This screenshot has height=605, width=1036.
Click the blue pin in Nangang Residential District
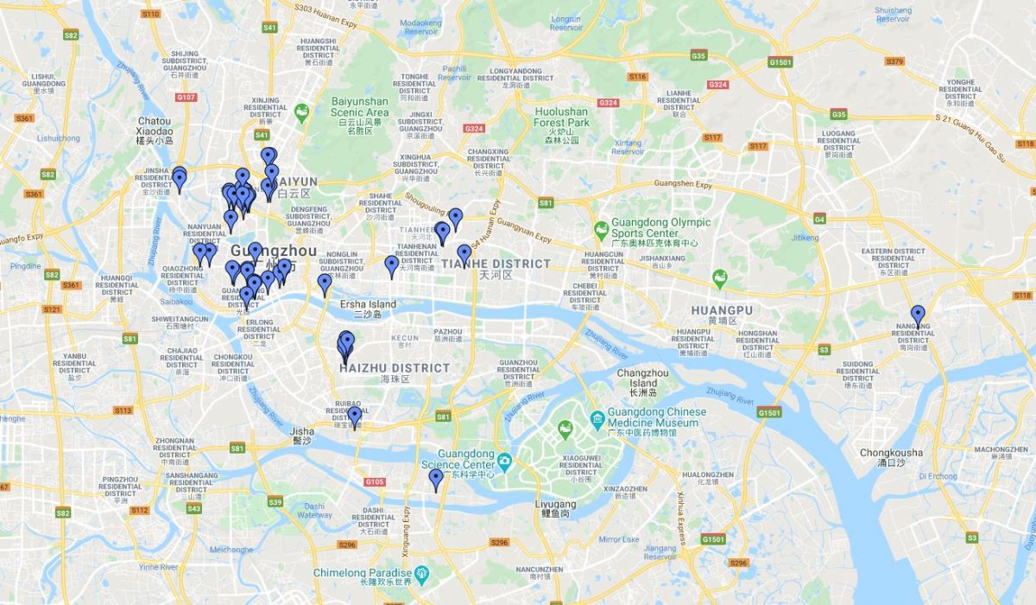tap(918, 315)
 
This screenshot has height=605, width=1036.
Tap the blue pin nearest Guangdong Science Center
tap(436, 479)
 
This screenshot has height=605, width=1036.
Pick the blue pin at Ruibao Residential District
tap(354, 417)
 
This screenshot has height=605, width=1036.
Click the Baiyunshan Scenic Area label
tap(360, 112)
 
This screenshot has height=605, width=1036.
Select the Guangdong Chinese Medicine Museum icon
tap(597, 418)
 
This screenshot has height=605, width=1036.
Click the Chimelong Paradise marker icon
tap(420, 573)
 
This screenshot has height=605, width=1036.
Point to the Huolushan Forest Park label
tap(560, 117)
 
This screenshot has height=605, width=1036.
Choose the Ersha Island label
tap(368, 304)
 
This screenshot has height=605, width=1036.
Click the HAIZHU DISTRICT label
tap(395, 368)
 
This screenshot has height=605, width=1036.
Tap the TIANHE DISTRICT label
tap(496, 264)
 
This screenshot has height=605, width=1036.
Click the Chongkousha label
tap(891, 453)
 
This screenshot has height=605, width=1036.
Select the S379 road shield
tap(894, 61)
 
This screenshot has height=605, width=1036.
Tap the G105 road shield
tap(375, 481)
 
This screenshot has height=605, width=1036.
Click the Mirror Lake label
tap(619, 539)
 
